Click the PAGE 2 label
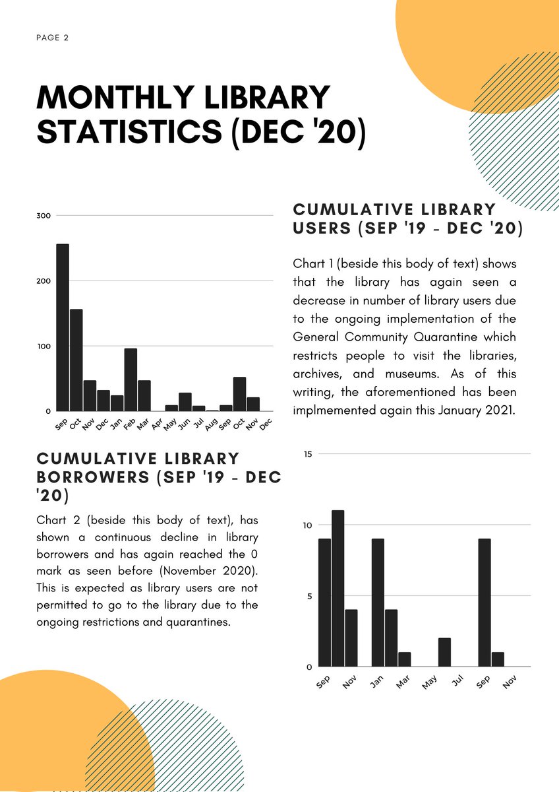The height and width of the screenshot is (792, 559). coord(53,38)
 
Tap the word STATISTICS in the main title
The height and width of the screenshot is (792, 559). coord(129,131)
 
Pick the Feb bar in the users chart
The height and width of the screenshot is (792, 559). coord(131,379)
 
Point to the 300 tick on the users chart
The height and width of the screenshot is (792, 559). coord(44,216)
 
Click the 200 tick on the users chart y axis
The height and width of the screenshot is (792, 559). coord(44,281)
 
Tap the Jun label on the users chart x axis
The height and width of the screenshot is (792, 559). coord(184,422)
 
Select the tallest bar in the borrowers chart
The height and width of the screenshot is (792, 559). coord(338,588)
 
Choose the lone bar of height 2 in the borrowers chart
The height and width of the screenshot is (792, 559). coord(445,652)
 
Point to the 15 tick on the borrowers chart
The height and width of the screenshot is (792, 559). coord(307,454)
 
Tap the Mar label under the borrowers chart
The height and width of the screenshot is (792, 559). coord(403,681)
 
